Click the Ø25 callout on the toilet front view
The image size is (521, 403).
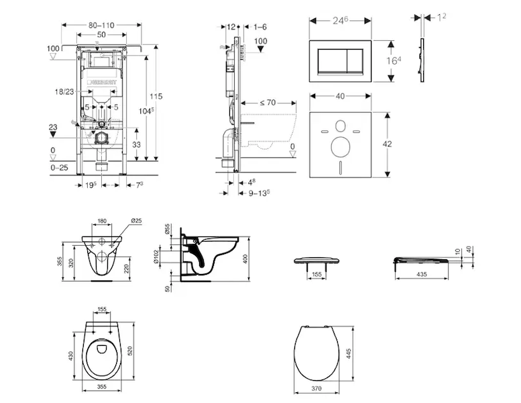pos(136,222)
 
